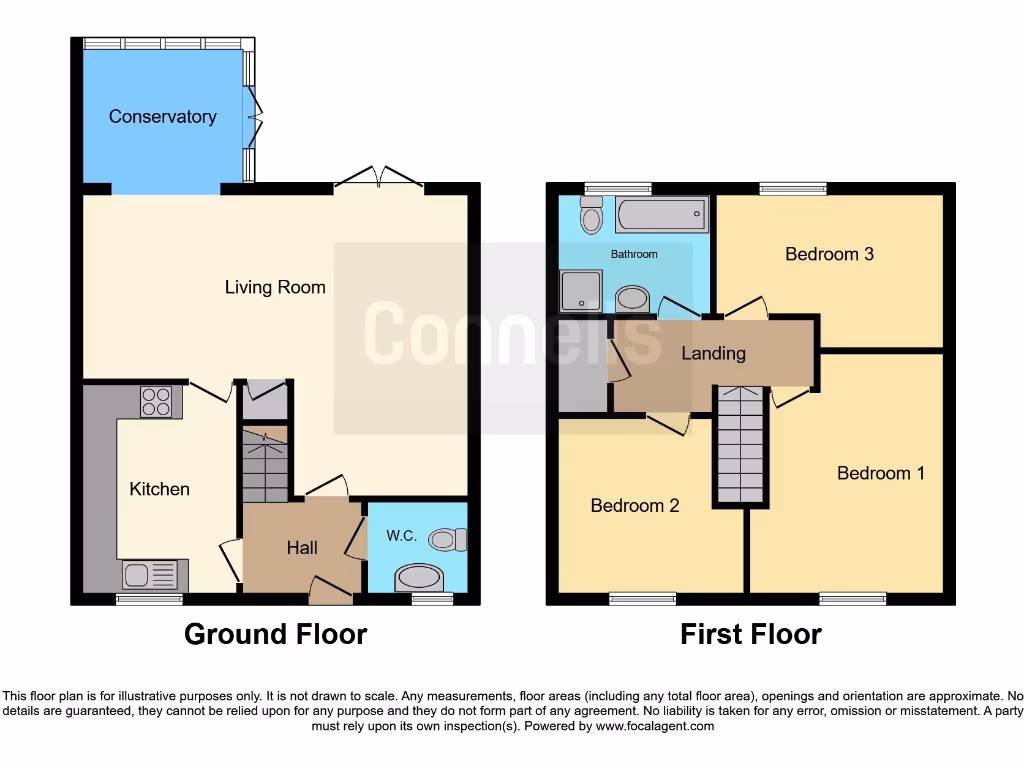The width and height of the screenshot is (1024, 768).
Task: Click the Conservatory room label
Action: click(162, 117)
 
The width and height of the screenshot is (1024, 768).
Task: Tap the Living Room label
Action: click(275, 288)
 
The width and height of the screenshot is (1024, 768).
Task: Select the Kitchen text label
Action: click(159, 489)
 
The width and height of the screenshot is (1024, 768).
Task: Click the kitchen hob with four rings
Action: click(155, 402)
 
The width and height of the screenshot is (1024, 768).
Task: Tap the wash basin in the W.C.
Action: click(419, 579)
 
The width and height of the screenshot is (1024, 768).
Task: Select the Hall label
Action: click(302, 548)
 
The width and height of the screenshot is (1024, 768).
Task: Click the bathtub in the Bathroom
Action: click(661, 215)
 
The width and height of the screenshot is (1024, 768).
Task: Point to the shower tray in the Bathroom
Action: click(580, 291)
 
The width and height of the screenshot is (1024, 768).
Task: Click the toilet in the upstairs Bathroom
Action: click(591, 215)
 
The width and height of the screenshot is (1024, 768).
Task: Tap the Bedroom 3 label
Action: click(829, 254)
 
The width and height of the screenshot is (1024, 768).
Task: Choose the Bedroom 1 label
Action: click(880, 473)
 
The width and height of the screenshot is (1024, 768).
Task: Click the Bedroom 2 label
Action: click(634, 506)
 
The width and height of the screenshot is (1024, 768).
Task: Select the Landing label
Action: click(713, 353)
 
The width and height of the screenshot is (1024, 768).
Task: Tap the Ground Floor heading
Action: click(275, 634)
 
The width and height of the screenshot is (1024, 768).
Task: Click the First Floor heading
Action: click(751, 634)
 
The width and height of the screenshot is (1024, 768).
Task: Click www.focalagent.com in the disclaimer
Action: click(654, 726)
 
